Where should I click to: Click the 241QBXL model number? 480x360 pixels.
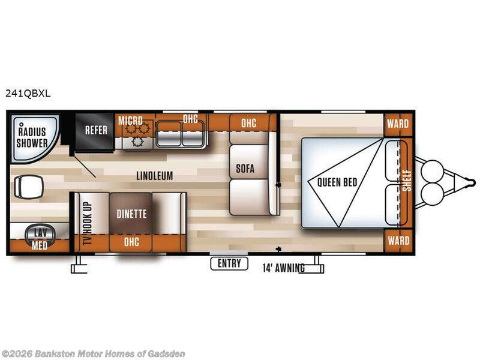[28, 94]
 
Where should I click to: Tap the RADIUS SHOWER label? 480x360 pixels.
[32, 137]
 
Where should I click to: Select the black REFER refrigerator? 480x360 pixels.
[95, 132]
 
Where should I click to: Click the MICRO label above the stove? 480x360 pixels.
[130, 121]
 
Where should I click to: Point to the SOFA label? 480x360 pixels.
[245, 169]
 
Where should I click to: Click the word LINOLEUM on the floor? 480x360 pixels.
[155, 176]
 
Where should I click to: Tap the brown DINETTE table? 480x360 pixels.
[131, 213]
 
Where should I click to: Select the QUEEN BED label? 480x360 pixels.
[337, 182]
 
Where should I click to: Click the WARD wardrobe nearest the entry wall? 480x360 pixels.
[398, 241]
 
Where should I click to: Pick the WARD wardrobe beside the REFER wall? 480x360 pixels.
[398, 124]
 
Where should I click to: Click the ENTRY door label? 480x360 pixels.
[229, 263]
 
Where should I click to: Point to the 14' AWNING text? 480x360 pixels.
[283, 268]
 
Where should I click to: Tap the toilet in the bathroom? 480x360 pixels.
[28, 187]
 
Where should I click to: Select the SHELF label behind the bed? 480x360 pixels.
[407, 181]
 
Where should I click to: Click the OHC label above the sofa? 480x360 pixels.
[248, 123]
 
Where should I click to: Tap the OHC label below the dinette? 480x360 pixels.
[131, 242]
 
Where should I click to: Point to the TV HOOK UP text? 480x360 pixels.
[87, 223]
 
